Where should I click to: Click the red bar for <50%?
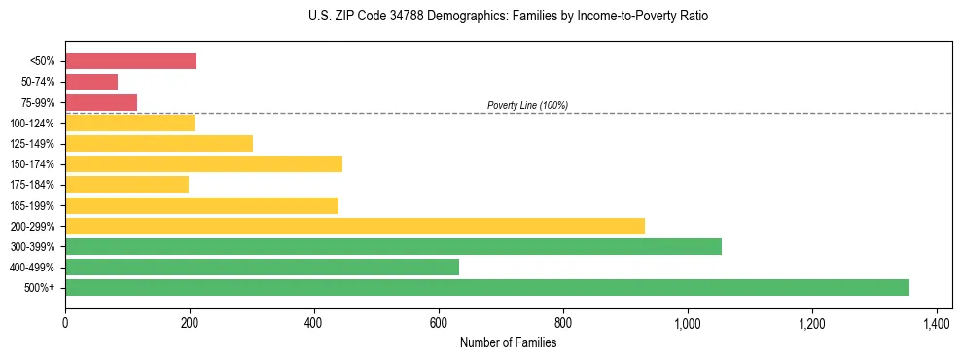[130, 61]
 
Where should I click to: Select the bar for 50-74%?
[91, 82]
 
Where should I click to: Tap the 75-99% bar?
[101, 102]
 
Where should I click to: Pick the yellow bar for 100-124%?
[129, 123]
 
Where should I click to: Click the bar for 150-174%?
[203, 163]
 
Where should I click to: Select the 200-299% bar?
[355, 226]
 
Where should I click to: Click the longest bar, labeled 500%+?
[487, 287]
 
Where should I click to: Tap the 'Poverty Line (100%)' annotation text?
[527, 105]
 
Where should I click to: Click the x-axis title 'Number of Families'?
[508, 342]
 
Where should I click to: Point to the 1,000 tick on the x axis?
[688, 323]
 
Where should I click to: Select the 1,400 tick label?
[936, 323]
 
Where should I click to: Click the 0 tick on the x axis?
[65, 323]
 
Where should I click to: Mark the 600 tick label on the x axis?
[439, 323]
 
